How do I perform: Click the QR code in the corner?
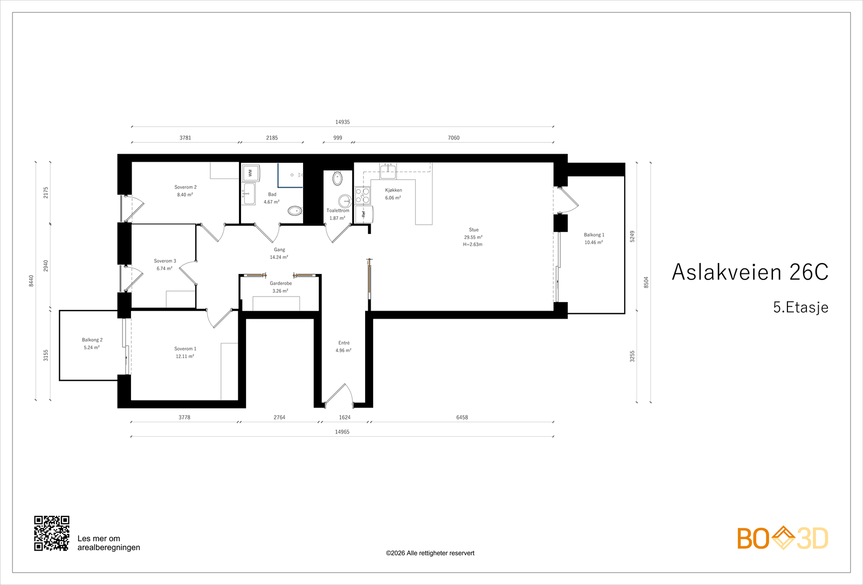(52, 533)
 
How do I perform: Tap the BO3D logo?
(783, 538)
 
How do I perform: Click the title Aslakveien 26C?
(750, 272)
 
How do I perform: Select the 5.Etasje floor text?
(800, 307)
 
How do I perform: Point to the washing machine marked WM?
(251, 173)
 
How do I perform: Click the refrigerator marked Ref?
(364, 214)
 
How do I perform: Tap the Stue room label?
(474, 230)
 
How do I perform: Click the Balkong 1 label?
(594, 235)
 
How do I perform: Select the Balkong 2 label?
(92, 340)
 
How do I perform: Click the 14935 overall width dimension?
(343, 122)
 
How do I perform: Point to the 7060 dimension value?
(454, 138)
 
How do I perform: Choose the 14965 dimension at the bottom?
(342, 432)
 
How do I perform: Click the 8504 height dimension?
(646, 282)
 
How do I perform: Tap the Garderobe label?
(280, 284)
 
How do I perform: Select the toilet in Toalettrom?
(338, 178)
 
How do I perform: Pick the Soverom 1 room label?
(185, 349)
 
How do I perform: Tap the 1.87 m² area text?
(338, 218)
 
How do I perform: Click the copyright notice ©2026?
(430, 553)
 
